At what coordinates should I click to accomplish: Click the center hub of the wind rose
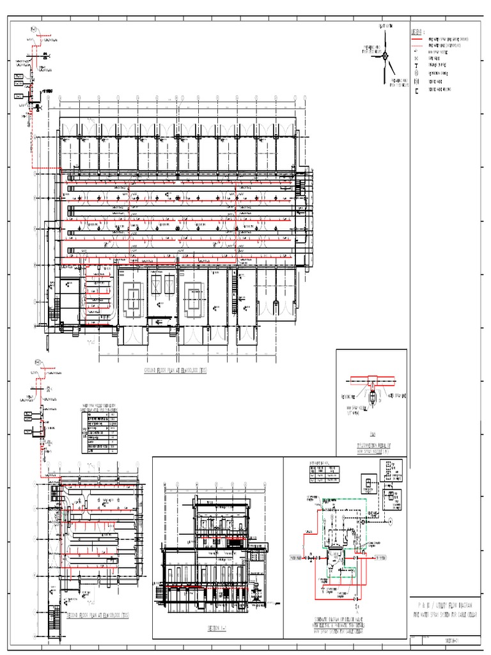385,56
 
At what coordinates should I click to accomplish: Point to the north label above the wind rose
386,26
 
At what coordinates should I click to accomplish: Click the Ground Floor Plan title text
176,370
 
